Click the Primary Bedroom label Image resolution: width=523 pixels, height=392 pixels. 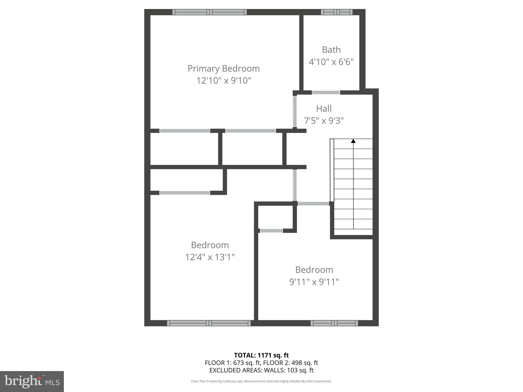223,69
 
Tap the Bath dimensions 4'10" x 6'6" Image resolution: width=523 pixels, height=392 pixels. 331,62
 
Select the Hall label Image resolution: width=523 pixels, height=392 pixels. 324,109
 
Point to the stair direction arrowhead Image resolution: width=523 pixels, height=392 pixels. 353,141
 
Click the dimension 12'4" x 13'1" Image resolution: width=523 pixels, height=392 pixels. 210,257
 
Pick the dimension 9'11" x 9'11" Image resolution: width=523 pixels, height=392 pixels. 314,282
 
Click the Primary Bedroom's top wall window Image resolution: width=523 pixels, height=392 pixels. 209,12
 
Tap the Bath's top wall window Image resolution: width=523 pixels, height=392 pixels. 337,12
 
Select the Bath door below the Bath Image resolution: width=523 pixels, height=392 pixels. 326,92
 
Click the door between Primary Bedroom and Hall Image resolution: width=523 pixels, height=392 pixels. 295,111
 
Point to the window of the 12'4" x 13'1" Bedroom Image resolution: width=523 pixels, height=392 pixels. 209,323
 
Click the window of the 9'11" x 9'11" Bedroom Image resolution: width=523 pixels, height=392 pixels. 334,323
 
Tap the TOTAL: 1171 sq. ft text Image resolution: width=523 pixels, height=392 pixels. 261,355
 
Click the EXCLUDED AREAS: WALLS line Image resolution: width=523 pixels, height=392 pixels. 261,370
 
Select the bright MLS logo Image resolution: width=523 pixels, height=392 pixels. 32,381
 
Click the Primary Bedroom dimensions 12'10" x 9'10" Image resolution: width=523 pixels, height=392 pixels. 223,81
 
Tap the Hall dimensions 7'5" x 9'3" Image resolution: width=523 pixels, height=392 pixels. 324,120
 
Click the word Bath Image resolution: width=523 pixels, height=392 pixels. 331,50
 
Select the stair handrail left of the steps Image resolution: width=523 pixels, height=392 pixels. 332,170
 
